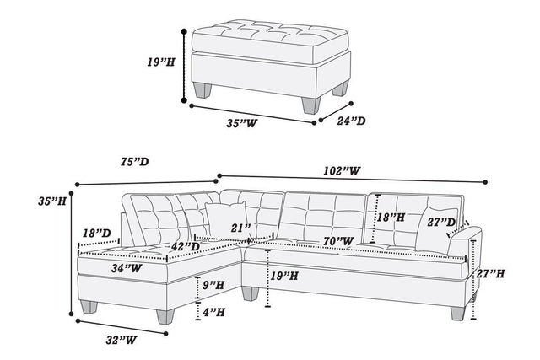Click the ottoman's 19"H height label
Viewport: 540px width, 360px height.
pyautogui.click(x=159, y=62)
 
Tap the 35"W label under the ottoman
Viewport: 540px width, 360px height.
pyautogui.click(x=243, y=125)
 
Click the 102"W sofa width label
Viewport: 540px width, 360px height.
pyautogui.click(x=343, y=171)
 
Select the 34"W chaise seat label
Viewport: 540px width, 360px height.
pyautogui.click(x=126, y=269)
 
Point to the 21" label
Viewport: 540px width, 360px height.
pyautogui.click(x=241, y=228)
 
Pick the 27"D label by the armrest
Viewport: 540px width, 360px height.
pyautogui.click(x=442, y=223)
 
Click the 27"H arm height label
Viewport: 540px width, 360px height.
pyautogui.click(x=491, y=274)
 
